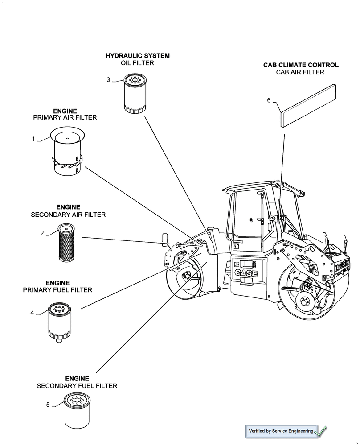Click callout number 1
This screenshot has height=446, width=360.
[33, 139]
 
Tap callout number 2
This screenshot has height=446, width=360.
[42, 233]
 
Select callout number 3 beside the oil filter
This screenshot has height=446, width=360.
[108, 80]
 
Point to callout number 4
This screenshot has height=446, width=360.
[32, 313]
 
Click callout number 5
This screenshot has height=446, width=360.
[48, 405]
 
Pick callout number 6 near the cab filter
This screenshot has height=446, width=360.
[269, 100]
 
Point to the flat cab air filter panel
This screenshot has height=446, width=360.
[307, 105]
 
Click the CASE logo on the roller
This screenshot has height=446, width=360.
[246, 273]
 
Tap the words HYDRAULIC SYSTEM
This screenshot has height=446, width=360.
[137, 56]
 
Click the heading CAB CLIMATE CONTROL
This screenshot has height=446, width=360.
[301, 65]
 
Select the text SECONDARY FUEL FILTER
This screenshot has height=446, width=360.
[77, 386]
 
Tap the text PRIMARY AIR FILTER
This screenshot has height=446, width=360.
[65, 118]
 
